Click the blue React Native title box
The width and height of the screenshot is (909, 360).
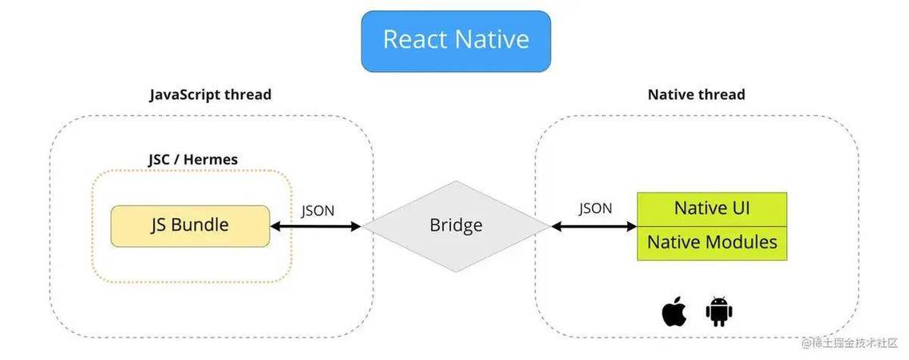[x=456, y=41]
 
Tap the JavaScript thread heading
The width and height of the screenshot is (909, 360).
[x=211, y=94]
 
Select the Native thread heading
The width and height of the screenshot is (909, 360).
[x=696, y=94]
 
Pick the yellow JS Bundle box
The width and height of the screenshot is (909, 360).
[x=190, y=225]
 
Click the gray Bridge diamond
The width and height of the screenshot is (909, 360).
[x=456, y=226]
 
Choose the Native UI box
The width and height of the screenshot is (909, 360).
[x=712, y=208]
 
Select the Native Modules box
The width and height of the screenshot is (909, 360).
[x=712, y=242]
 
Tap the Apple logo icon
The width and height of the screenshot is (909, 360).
[x=674, y=312]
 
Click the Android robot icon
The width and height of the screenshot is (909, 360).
[x=718, y=312]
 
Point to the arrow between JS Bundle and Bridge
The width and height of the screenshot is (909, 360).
[x=316, y=227]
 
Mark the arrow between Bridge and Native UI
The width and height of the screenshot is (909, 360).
[x=594, y=227]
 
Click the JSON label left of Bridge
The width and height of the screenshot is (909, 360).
[x=318, y=211]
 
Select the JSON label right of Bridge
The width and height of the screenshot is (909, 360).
[x=595, y=208]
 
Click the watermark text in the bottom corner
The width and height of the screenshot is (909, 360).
[x=851, y=342]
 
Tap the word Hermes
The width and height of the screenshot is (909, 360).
[x=211, y=160]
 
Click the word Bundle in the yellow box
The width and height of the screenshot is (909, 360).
[x=203, y=225]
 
